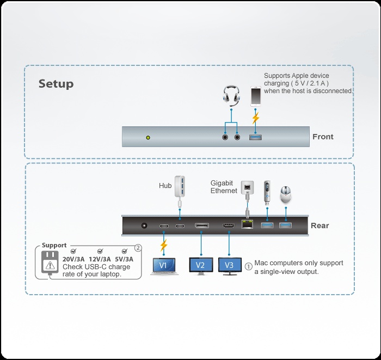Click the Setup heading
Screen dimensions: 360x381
56,84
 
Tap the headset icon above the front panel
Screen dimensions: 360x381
231,96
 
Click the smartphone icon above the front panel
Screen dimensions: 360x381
256,96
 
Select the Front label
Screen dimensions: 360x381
323,137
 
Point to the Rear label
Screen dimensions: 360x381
319,225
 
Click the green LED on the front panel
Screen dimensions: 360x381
148,137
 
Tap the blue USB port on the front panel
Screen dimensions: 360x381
256,137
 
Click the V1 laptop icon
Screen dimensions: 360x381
163,265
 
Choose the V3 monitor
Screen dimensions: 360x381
229,265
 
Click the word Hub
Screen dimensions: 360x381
165,186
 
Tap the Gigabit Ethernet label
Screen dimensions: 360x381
224,187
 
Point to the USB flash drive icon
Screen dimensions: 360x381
266,192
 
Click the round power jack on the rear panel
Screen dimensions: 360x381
145,225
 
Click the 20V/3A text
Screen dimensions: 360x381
73,259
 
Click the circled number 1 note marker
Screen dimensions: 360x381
249,267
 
